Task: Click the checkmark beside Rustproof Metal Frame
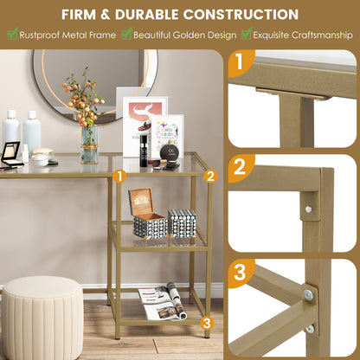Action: pyautogui.click(x=12, y=34)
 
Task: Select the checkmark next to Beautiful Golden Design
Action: pyautogui.click(x=126, y=34)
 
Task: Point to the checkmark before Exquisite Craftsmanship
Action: pyautogui.click(x=247, y=34)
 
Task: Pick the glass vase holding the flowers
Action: pyautogui.click(x=89, y=145)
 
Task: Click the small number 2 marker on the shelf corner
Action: pyautogui.click(x=209, y=175)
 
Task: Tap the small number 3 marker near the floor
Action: pyautogui.click(x=206, y=323)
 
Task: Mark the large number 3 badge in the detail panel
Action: pyautogui.click(x=241, y=273)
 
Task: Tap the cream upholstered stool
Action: pyautogui.click(x=42, y=318)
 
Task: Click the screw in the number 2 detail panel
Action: pyautogui.click(x=309, y=209)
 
